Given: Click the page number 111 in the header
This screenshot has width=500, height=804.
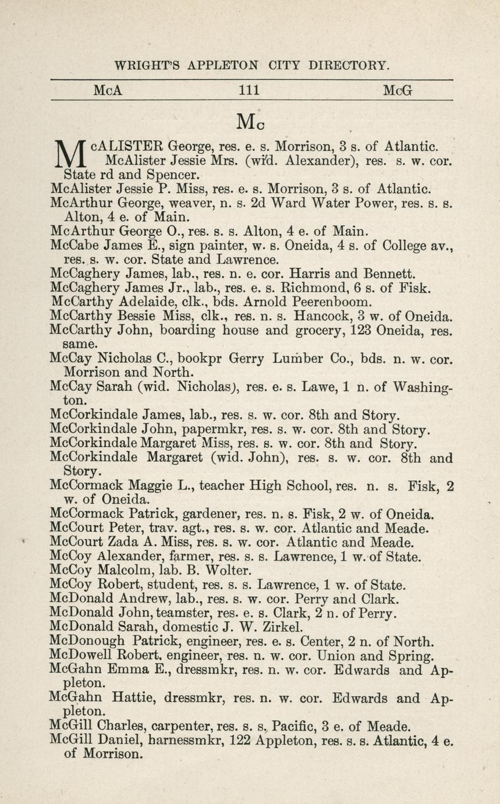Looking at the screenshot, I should click(250, 90).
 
